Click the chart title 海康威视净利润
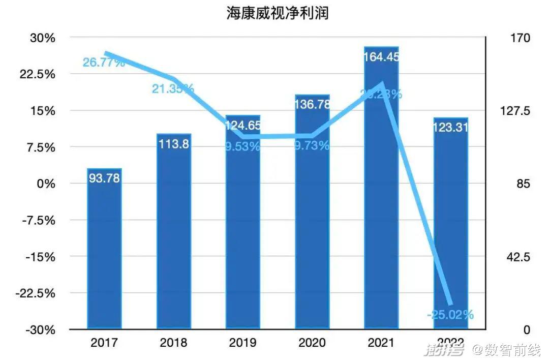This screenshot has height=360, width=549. coord(278,13)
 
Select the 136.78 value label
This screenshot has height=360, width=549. coord(312,104)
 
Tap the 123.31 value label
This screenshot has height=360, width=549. coord(450,128)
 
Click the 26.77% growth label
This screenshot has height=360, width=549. coord(104,63)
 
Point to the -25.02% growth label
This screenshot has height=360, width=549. coord(450,315)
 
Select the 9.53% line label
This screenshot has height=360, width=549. coord(242,147)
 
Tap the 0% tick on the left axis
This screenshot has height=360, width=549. coord(46,184)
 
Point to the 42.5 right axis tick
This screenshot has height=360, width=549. coord(519,257)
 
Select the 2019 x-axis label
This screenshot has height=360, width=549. coord(242,343)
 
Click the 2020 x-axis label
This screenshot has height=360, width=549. coord(312,343)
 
